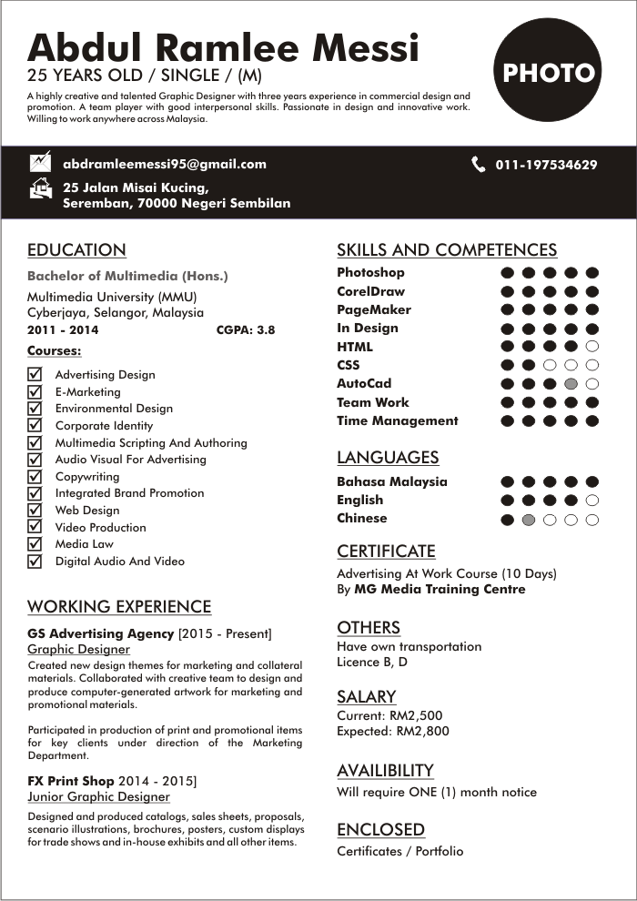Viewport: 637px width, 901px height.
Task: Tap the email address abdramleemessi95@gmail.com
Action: click(164, 165)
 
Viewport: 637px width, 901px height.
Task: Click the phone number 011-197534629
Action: click(546, 165)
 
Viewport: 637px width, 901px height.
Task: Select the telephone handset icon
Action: click(479, 165)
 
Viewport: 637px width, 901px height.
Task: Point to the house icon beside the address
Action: click(41, 189)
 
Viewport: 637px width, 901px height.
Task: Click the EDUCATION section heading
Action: click(76, 250)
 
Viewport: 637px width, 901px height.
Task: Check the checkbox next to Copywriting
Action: click(35, 476)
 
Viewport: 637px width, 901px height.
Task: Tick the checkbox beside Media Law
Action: click(35, 544)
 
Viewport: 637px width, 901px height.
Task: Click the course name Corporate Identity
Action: click(104, 426)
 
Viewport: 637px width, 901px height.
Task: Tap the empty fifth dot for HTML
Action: click(592, 347)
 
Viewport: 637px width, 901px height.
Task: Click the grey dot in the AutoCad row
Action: click(571, 384)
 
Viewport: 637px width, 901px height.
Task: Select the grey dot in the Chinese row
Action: click(529, 520)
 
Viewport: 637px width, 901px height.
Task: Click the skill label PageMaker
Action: click(373, 309)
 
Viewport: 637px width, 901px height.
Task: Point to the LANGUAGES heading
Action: click(388, 458)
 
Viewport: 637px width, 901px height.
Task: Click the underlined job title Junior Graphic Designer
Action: click(98, 796)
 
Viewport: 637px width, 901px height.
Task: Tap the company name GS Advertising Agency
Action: click(100, 633)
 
